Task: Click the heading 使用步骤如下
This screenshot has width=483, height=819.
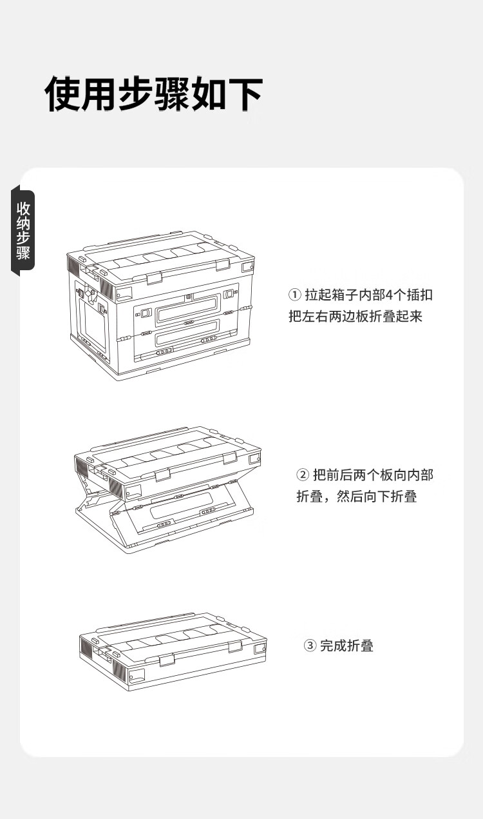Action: [x=154, y=94]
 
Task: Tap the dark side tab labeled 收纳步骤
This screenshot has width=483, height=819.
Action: [x=23, y=230]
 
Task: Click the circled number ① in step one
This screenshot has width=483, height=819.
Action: [x=294, y=295]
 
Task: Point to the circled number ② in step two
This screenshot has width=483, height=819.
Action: [x=303, y=475]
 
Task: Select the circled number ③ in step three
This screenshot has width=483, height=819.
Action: [x=310, y=646]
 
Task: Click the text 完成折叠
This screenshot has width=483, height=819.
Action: [x=347, y=646]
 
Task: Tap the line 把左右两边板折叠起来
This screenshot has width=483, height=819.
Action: [x=355, y=316]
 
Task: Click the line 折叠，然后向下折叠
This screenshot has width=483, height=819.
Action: [x=357, y=497]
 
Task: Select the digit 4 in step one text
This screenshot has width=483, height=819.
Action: [x=389, y=295]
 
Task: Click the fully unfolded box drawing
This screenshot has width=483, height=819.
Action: [x=160, y=305]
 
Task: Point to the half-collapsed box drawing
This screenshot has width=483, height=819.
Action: [x=168, y=489]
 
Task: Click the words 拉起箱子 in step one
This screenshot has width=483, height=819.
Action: [x=332, y=295]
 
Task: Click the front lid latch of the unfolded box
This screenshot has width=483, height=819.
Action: [x=154, y=278]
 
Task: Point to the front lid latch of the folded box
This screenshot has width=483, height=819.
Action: [x=167, y=660]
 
